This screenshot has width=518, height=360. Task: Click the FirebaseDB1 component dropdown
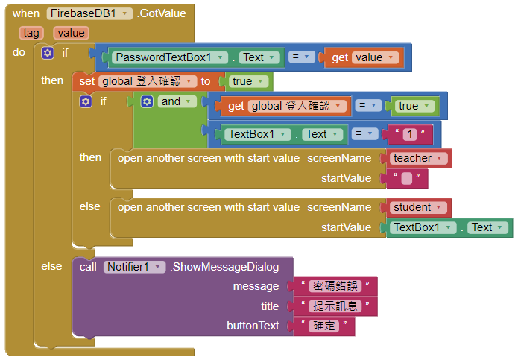[89, 13]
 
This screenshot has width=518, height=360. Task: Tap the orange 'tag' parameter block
[31, 33]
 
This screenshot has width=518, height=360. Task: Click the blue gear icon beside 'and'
[147, 101]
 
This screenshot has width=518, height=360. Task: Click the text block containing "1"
[408, 134]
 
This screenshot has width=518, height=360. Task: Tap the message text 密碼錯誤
[335, 286]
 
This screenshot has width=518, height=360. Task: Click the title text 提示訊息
[335, 306]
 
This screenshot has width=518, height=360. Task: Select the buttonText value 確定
[325, 326]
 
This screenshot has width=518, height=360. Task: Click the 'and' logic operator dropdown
[177, 101]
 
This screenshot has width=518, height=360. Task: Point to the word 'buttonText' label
[253, 326]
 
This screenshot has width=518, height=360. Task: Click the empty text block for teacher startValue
[406, 178]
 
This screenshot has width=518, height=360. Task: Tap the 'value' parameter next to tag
[71, 33]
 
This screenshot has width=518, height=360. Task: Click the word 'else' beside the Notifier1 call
[51, 266]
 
